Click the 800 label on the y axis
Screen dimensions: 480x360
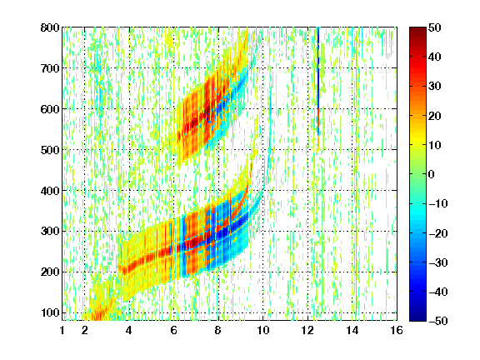point(50,27)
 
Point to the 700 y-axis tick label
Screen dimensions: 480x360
point(50,68)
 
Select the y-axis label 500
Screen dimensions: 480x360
point(50,150)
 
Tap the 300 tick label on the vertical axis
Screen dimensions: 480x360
point(50,231)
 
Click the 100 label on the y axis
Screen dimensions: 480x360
point(50,312)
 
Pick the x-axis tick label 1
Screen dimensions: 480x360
point(62,330)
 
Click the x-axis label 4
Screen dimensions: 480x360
point(129,330)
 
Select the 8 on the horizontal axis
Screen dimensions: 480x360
point(218,330)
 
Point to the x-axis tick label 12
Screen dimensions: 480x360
point(307,330)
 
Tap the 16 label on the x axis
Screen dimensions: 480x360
point(397,330)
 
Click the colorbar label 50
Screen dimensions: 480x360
point(434,27)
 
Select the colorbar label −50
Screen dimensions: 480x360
point(438,321)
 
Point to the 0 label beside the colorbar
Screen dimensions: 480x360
point(431,174)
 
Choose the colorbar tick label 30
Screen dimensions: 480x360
point(434,86)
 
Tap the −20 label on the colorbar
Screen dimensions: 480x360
point(438,233)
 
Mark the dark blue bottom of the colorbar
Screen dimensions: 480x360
point(417,318)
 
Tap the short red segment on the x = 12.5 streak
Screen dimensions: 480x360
point(318,117)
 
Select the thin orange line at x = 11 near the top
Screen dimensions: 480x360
point(286,42)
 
